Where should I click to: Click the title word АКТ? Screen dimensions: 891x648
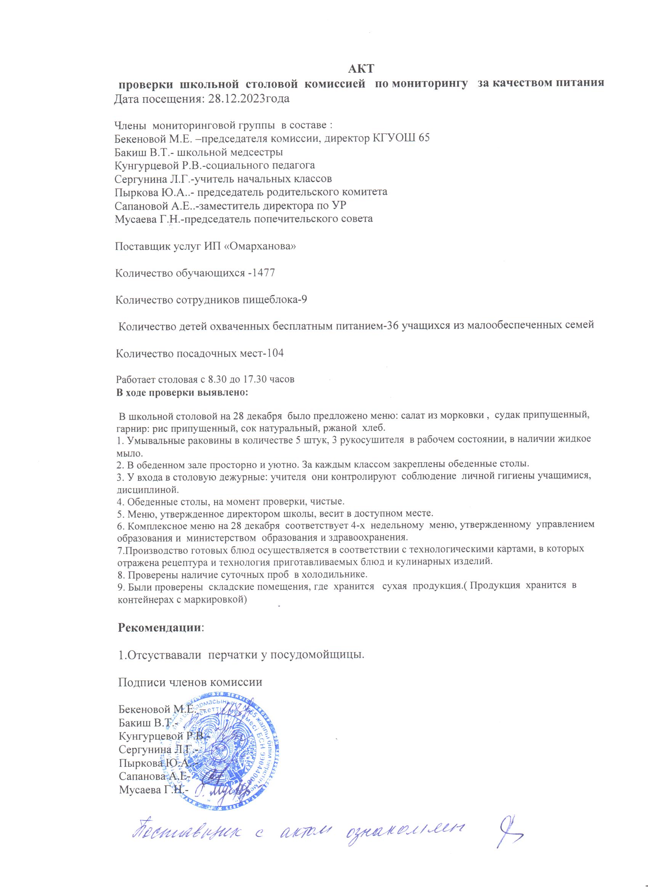click(x=361, y=69)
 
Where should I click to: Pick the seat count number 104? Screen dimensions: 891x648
click(x=273, y=353)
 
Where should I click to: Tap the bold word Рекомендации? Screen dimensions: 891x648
click(x=160, y=627)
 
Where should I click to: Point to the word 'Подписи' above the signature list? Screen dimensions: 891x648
click(x=141, y=682)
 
